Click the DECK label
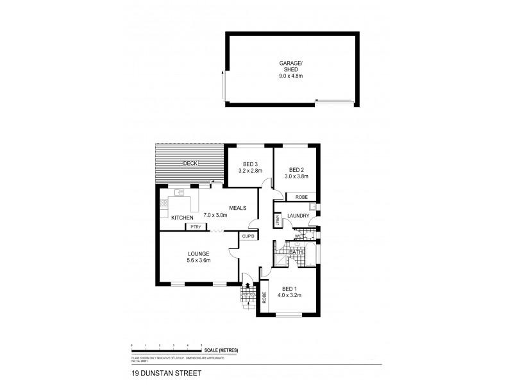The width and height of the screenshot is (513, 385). pos(190,164)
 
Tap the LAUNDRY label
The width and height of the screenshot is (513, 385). pos(298,216)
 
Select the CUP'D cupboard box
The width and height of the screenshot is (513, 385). pos(249,237)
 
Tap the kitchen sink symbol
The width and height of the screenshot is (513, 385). pos(178,192)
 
